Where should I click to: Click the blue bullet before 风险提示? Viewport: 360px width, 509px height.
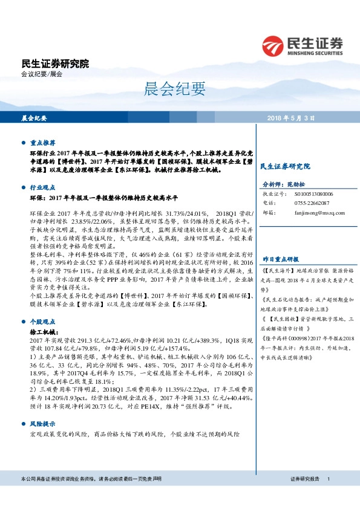pyautogui.click(x=24, y=424)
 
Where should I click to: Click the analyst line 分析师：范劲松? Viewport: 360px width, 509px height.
pyautogui.click(x=281, y=184)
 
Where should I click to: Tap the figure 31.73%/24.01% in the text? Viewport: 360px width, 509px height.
pyautogui.click(x=189, y=213)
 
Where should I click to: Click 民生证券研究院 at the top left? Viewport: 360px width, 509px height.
pyautogui.click(x=54, y=63)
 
